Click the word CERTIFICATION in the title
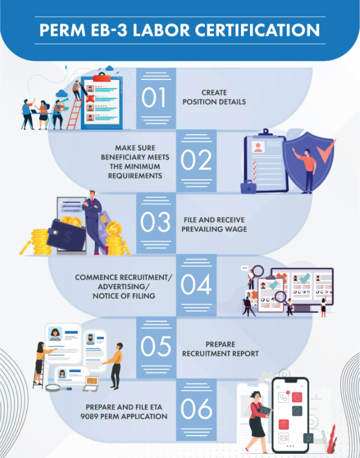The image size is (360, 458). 257,30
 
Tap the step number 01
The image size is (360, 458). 154,97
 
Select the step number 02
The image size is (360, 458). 196,160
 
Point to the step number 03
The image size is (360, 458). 155,222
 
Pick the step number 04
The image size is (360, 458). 196,284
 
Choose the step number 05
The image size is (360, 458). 156,346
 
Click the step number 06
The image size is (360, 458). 196,409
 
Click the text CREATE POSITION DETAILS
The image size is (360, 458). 214,97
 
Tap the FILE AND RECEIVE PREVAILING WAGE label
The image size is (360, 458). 214,225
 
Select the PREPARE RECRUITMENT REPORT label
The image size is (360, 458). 221,349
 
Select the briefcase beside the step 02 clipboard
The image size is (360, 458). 248,187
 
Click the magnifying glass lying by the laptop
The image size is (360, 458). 58,388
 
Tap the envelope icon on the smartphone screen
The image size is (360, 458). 283,438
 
